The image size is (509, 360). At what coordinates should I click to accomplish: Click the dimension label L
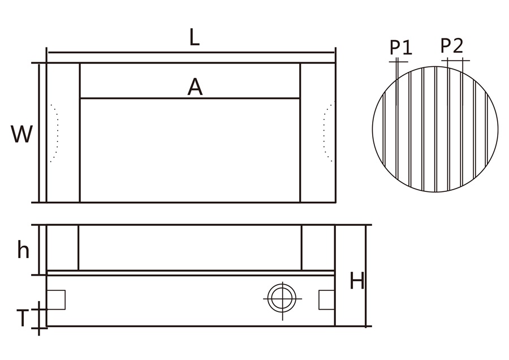point(194,38)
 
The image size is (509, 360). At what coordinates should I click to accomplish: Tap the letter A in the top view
point(195,87)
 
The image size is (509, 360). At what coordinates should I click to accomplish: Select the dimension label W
point(21,135)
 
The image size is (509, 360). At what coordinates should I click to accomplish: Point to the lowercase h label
point(23,250)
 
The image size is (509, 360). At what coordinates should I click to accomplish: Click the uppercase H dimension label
point(356,281)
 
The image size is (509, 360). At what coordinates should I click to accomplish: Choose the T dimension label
point(21,319)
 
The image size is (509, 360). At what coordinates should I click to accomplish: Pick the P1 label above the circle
point(401,47)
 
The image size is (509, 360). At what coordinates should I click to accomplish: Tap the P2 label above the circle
point(452,45)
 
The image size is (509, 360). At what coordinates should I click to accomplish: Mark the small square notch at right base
point(326,299)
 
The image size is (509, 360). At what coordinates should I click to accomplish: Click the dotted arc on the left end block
point(55,133)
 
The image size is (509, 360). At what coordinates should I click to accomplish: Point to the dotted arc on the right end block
point(326,133)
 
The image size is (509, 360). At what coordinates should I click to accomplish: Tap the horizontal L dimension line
point(141,53)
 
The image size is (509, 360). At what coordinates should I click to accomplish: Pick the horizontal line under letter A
point(189,98)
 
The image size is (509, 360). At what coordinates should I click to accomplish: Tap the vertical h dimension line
point(38,249)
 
